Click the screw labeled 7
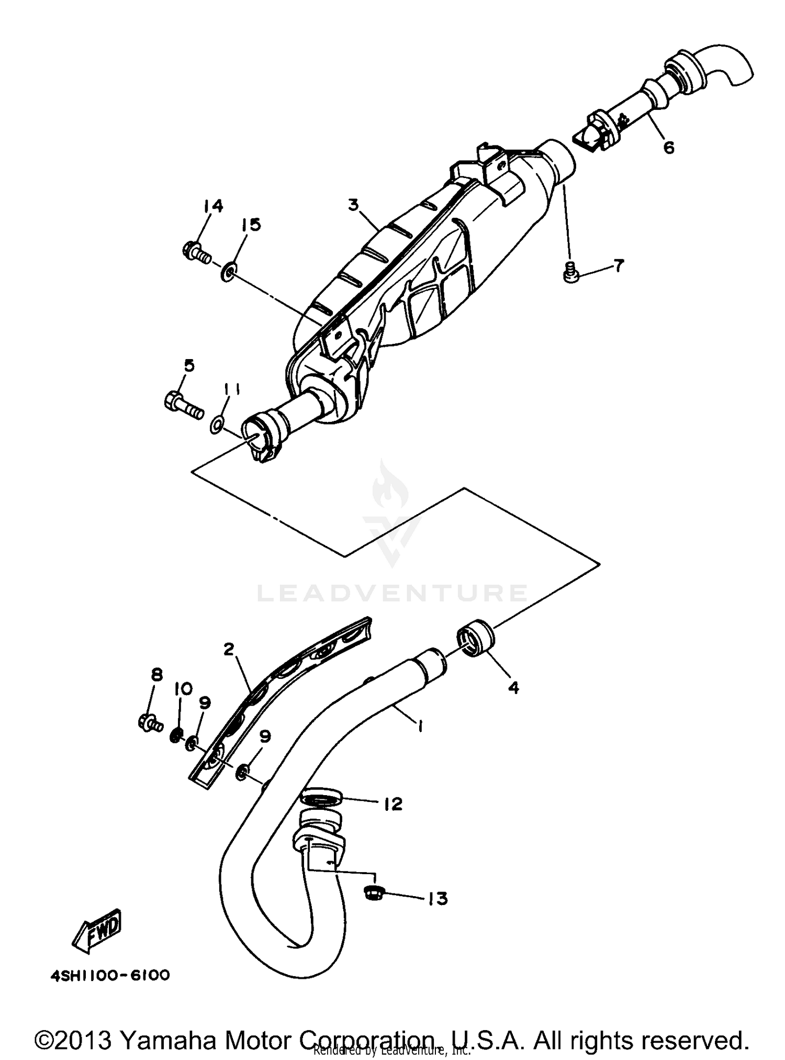(571, 273)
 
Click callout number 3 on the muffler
(354, 204)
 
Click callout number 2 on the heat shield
(228, 649)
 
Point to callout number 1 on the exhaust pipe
(419, 726)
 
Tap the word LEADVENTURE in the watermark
(391, 594)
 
